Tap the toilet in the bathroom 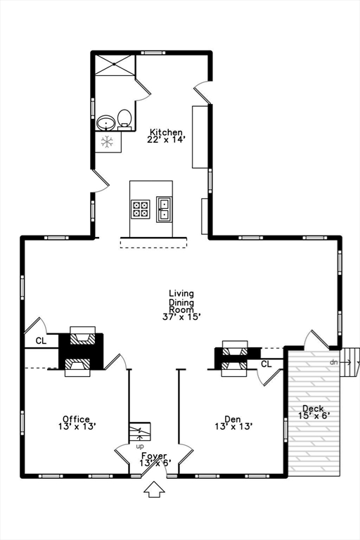124,120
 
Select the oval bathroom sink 105,123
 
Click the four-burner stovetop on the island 141,209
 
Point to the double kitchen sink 164,209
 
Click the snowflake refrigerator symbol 107,142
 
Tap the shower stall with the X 115,65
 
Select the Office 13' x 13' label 77,423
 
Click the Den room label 233,419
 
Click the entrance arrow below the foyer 154,489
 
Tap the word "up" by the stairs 140,446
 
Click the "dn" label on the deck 333,362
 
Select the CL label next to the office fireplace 41,341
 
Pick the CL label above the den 266,364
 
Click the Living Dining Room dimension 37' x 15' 181,316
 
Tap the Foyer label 154,456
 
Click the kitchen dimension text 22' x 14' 166,139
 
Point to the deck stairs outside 350,362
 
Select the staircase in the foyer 140,432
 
